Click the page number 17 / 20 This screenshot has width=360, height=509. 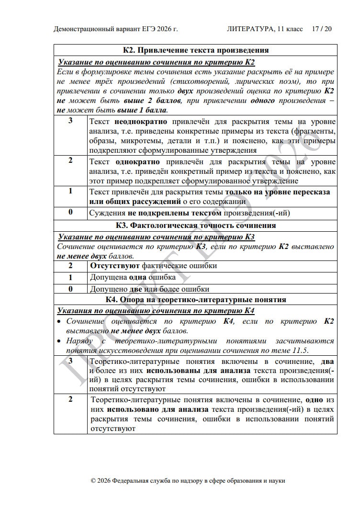tap(322, 29)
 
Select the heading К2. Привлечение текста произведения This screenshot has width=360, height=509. tap(195, 50)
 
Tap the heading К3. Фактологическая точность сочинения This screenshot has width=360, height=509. tap(195, 225)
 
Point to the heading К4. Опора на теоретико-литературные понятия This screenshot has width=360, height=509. tap(195, 300)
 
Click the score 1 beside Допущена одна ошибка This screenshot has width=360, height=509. tap(70, 277)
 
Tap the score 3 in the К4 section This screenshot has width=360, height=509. tap(70, 361)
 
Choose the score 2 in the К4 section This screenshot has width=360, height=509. tap(70, 399)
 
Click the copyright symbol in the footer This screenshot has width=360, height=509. tap(94, 480)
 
